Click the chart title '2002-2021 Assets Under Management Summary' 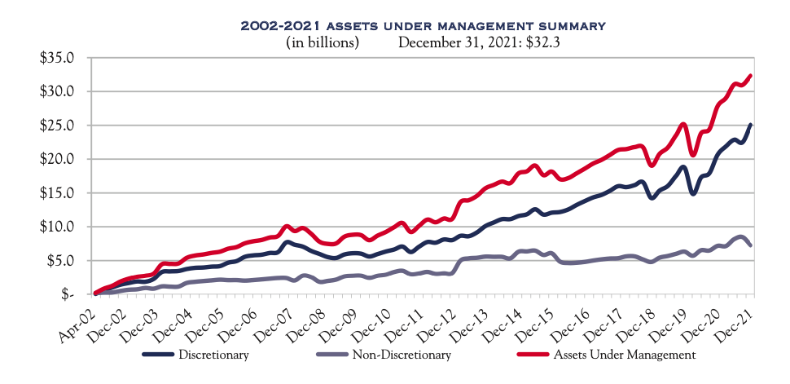coord(423,26)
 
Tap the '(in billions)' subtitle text coord(323,43)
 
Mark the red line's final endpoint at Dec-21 coord(750,76)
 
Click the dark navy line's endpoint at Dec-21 coord(750,125)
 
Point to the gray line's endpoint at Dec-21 coord(750,245)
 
